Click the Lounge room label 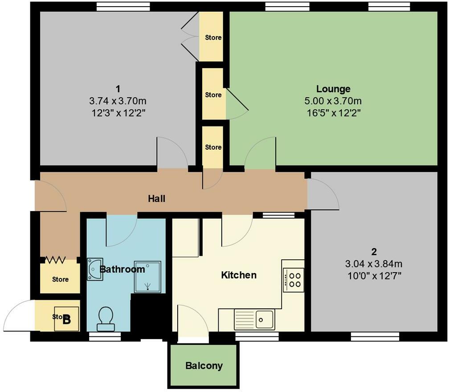(x=333, y=89)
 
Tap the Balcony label (x=204, y=366)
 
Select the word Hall (x=157, y=199)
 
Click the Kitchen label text (x=239, y=275)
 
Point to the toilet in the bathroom (x=106, y=319)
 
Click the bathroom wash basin (x=94, y=269)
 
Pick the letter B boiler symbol (x=67, y=319)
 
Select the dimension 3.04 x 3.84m (x=373, y=264)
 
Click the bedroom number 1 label (x=118, y=89)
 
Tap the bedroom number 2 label (x=373, y=252)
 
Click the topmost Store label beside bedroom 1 (x=213, y=37)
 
